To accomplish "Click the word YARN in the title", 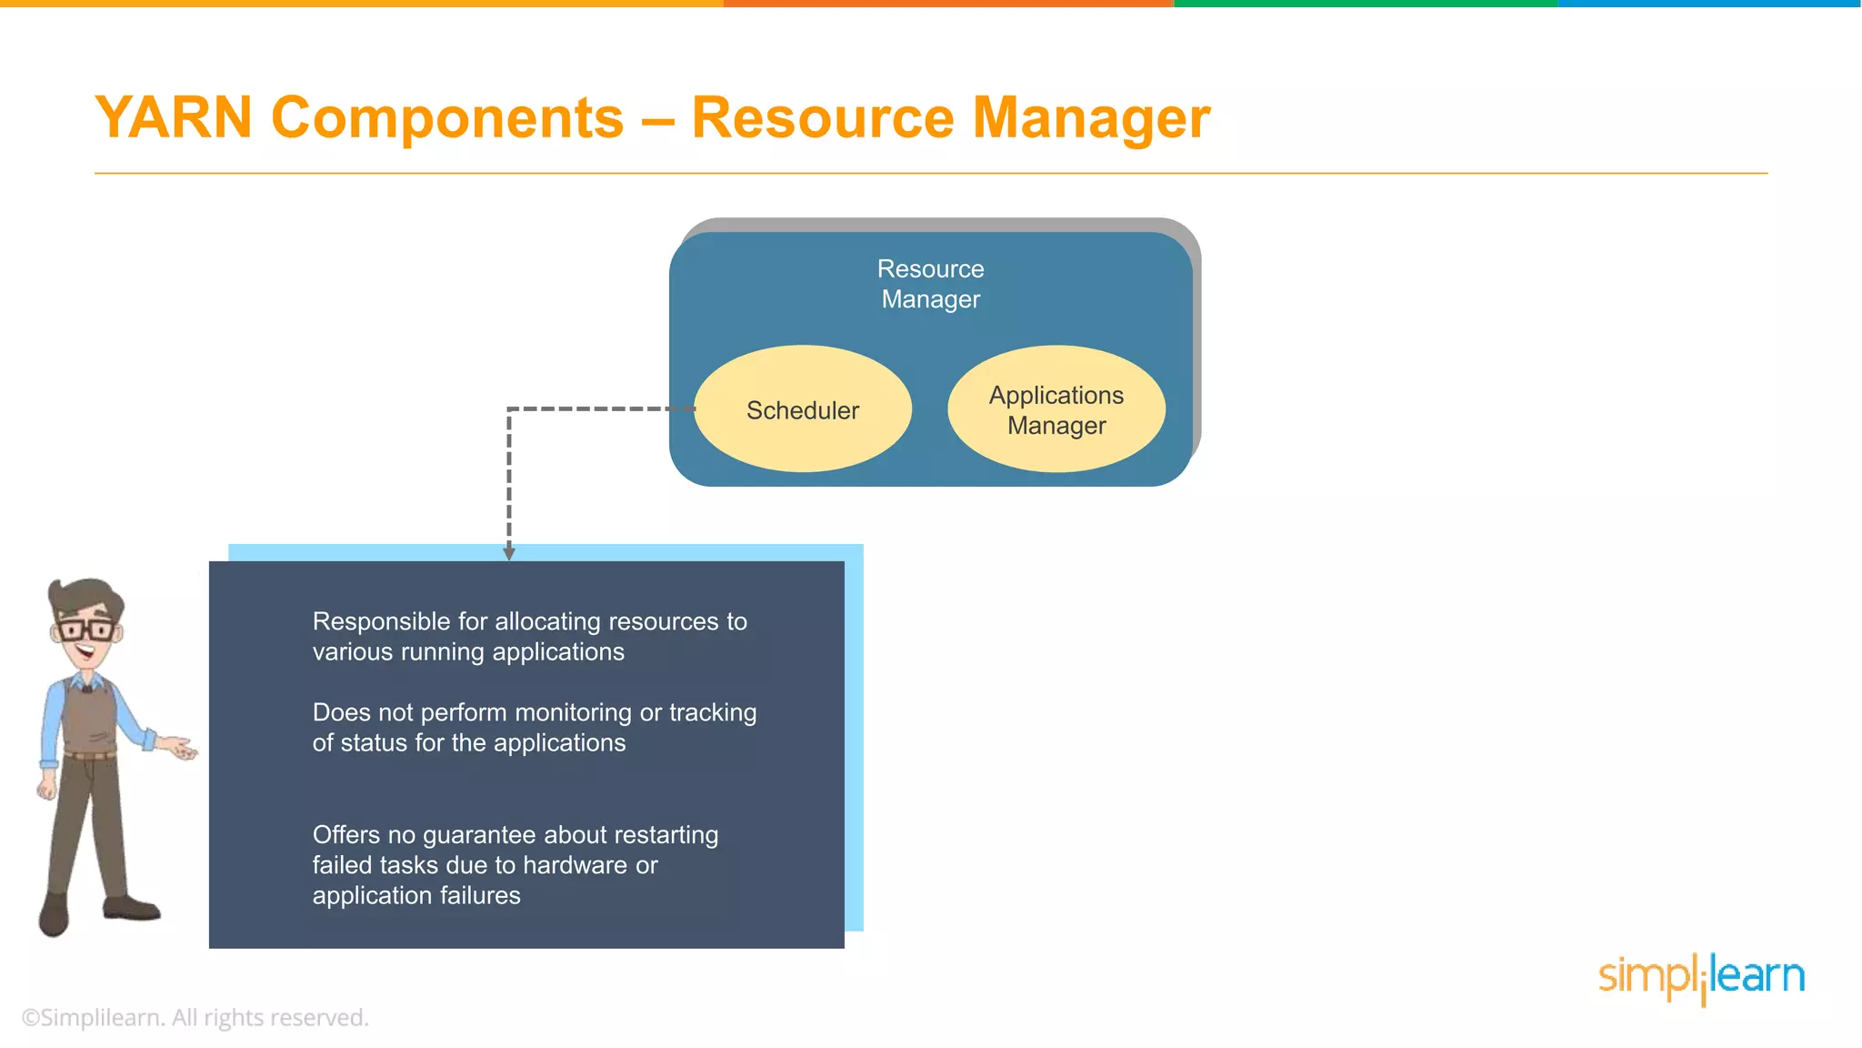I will [174, 118].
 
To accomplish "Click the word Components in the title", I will [447, 118].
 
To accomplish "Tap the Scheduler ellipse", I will [802, 409].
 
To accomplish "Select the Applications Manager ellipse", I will [1056, 409].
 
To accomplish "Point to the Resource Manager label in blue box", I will [930, 284].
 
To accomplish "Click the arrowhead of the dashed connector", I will [509, 553].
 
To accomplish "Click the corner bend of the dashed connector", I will [509, 409].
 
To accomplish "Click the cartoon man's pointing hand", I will [182, 749].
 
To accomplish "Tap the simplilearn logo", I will [1700, 977].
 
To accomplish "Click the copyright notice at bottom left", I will [195, 1017].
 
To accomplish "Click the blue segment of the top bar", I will [1709, 4].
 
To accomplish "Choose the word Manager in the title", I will [1091, 118].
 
